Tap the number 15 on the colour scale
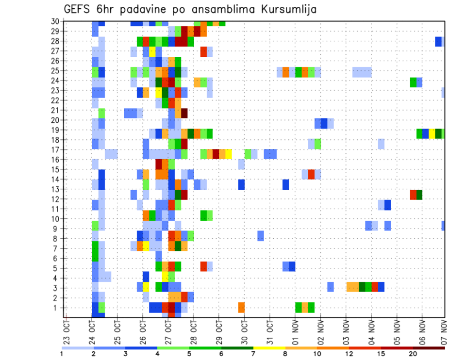click(x=382, y=354)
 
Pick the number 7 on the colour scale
click(x=253, y=354)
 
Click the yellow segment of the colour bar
click(x=269, y=347)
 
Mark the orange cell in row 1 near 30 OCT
click(x=241, y=308)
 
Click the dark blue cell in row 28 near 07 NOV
click(x=438, y=41)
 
